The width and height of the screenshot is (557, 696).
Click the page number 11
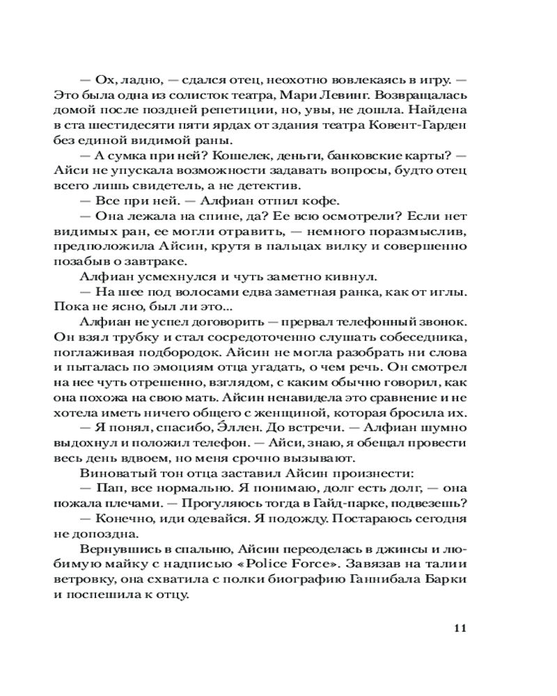click(458, 630)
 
